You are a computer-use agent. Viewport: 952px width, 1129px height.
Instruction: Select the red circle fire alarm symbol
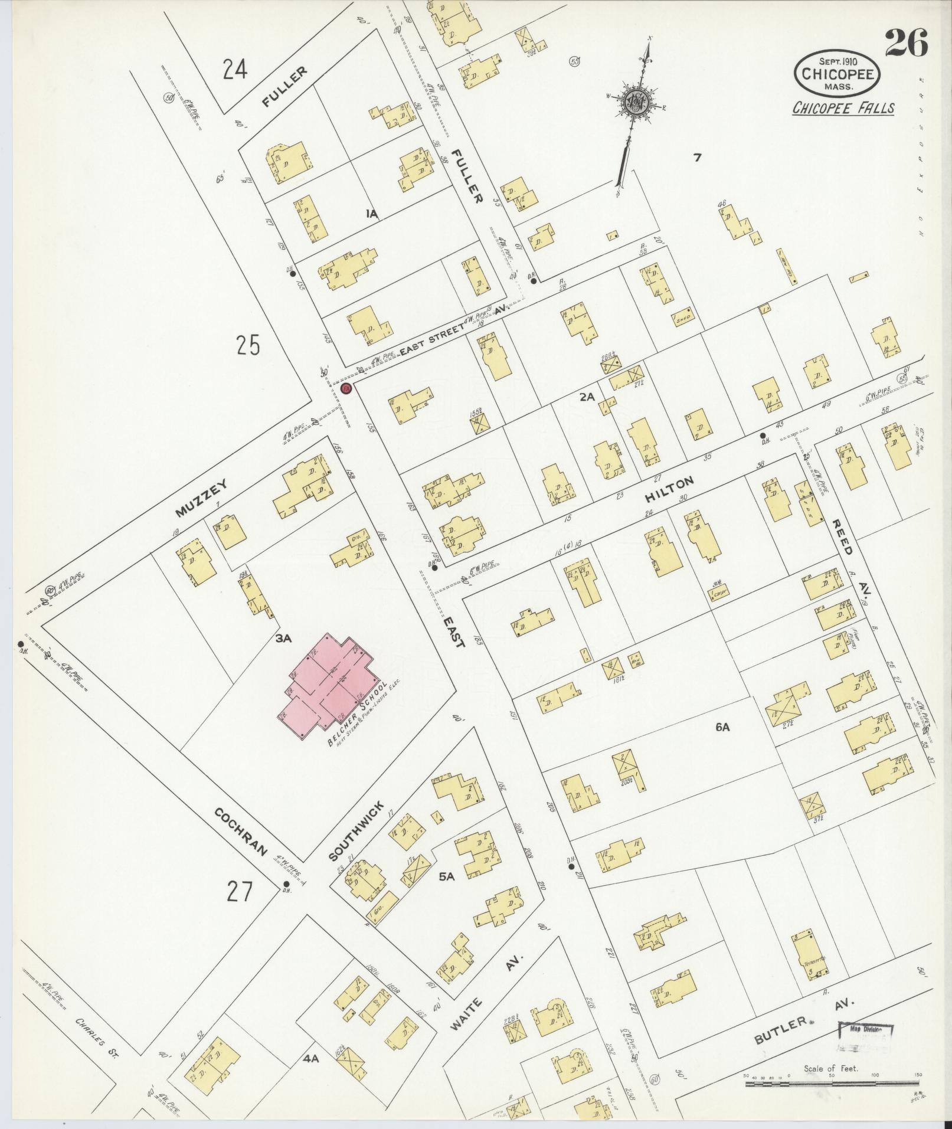click(346, 388)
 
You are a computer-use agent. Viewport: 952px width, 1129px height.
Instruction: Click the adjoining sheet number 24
click(235, 71)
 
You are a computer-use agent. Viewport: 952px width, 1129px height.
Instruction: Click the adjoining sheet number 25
click(248, 345)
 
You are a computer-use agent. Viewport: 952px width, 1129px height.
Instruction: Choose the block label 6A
click(722, 728)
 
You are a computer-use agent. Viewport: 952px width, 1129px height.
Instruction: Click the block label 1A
click(371, 213)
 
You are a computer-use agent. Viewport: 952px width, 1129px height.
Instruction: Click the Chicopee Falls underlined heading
click(843, 108)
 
